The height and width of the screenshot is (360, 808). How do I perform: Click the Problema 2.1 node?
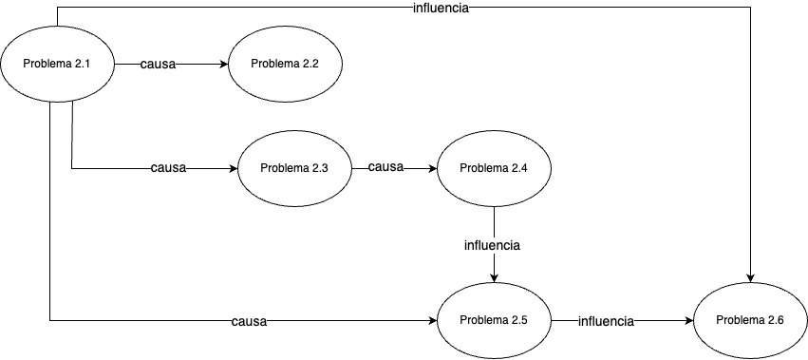pyautogui.click(x=58, y=65)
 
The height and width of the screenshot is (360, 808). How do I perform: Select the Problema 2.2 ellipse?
pyautogui.click(x=285, y=64)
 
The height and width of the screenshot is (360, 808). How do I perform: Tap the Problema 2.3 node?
pyautogui.click(x=294, y=169)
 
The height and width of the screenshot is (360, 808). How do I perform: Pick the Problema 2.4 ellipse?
pyautogui.click(x=494, y=169)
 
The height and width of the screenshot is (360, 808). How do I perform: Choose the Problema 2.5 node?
pyautogui.click(x=494, y=321)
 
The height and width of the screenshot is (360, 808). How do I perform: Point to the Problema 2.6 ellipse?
pyautogui.click(x=750, y=321)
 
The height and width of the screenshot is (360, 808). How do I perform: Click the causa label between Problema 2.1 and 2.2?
pyautogui.click(x=157, y=65)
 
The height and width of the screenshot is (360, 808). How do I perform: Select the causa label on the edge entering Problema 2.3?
pyautogui.click(x=168, y=169)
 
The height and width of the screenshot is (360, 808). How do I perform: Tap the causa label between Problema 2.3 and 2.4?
pyautogui.click(x=385, y=168)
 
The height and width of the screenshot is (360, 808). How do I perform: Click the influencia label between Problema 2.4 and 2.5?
pyautogui.click(x=492, y=245)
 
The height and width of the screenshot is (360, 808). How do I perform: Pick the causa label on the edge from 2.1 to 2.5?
pyautogui.click(x=249, y=322)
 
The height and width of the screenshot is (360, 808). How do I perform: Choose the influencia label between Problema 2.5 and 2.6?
pyautogui.click(x=606, y=322)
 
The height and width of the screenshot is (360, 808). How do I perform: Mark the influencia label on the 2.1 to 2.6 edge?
pyautogui.click(x=442, y=8)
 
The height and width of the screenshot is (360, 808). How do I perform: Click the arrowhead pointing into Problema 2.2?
pyautogui.click(x=223, y=65)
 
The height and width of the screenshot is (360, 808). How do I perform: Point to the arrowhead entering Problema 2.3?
pyautogui.click(x=233, y=169)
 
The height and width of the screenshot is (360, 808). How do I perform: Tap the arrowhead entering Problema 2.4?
pyautogui.click(x=432, y=169)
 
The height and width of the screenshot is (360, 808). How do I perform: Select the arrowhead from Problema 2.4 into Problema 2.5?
pyautogui.click(x=494, y=278)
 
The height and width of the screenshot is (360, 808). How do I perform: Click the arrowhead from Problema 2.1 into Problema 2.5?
pyautogui.click(x=432, y=321)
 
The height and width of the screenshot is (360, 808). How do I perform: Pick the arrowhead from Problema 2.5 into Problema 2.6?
pyautogui.click(x=688, y=321)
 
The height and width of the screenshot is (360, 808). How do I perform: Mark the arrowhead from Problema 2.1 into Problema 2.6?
pyautogui.click(x=750, y=278)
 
